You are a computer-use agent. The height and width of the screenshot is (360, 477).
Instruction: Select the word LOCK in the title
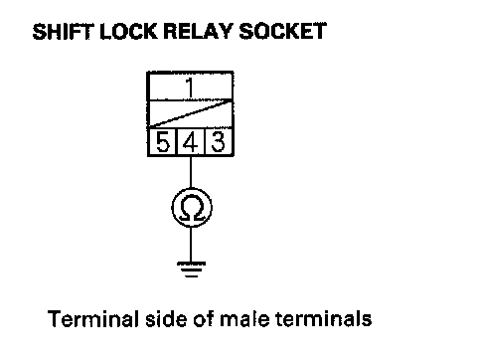pos(128,32)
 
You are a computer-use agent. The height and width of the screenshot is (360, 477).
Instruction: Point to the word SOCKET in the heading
pos(282,32)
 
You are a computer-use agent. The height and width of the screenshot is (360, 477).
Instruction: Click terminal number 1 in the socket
pos(190,88)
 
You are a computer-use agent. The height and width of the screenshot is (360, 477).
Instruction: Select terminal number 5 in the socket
pos(163,141)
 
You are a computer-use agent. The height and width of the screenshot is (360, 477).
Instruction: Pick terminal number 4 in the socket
pos(190,142)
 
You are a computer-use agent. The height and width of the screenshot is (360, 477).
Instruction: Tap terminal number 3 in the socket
pos(218,141)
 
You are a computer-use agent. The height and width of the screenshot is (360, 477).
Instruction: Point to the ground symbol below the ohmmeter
pos(191,270)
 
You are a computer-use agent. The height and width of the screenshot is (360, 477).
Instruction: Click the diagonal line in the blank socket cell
pos(190,113)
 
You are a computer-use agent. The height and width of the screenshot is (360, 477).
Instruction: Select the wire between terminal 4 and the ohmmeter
pos(191,172)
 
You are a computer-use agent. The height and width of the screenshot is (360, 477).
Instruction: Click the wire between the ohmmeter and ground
pos(191,245)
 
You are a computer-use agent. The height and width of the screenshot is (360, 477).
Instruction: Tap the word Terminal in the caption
pos(92,319)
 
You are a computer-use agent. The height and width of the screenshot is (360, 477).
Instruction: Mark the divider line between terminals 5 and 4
pos(177,141)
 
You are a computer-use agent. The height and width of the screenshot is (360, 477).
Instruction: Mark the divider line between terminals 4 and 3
pos(205,141)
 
